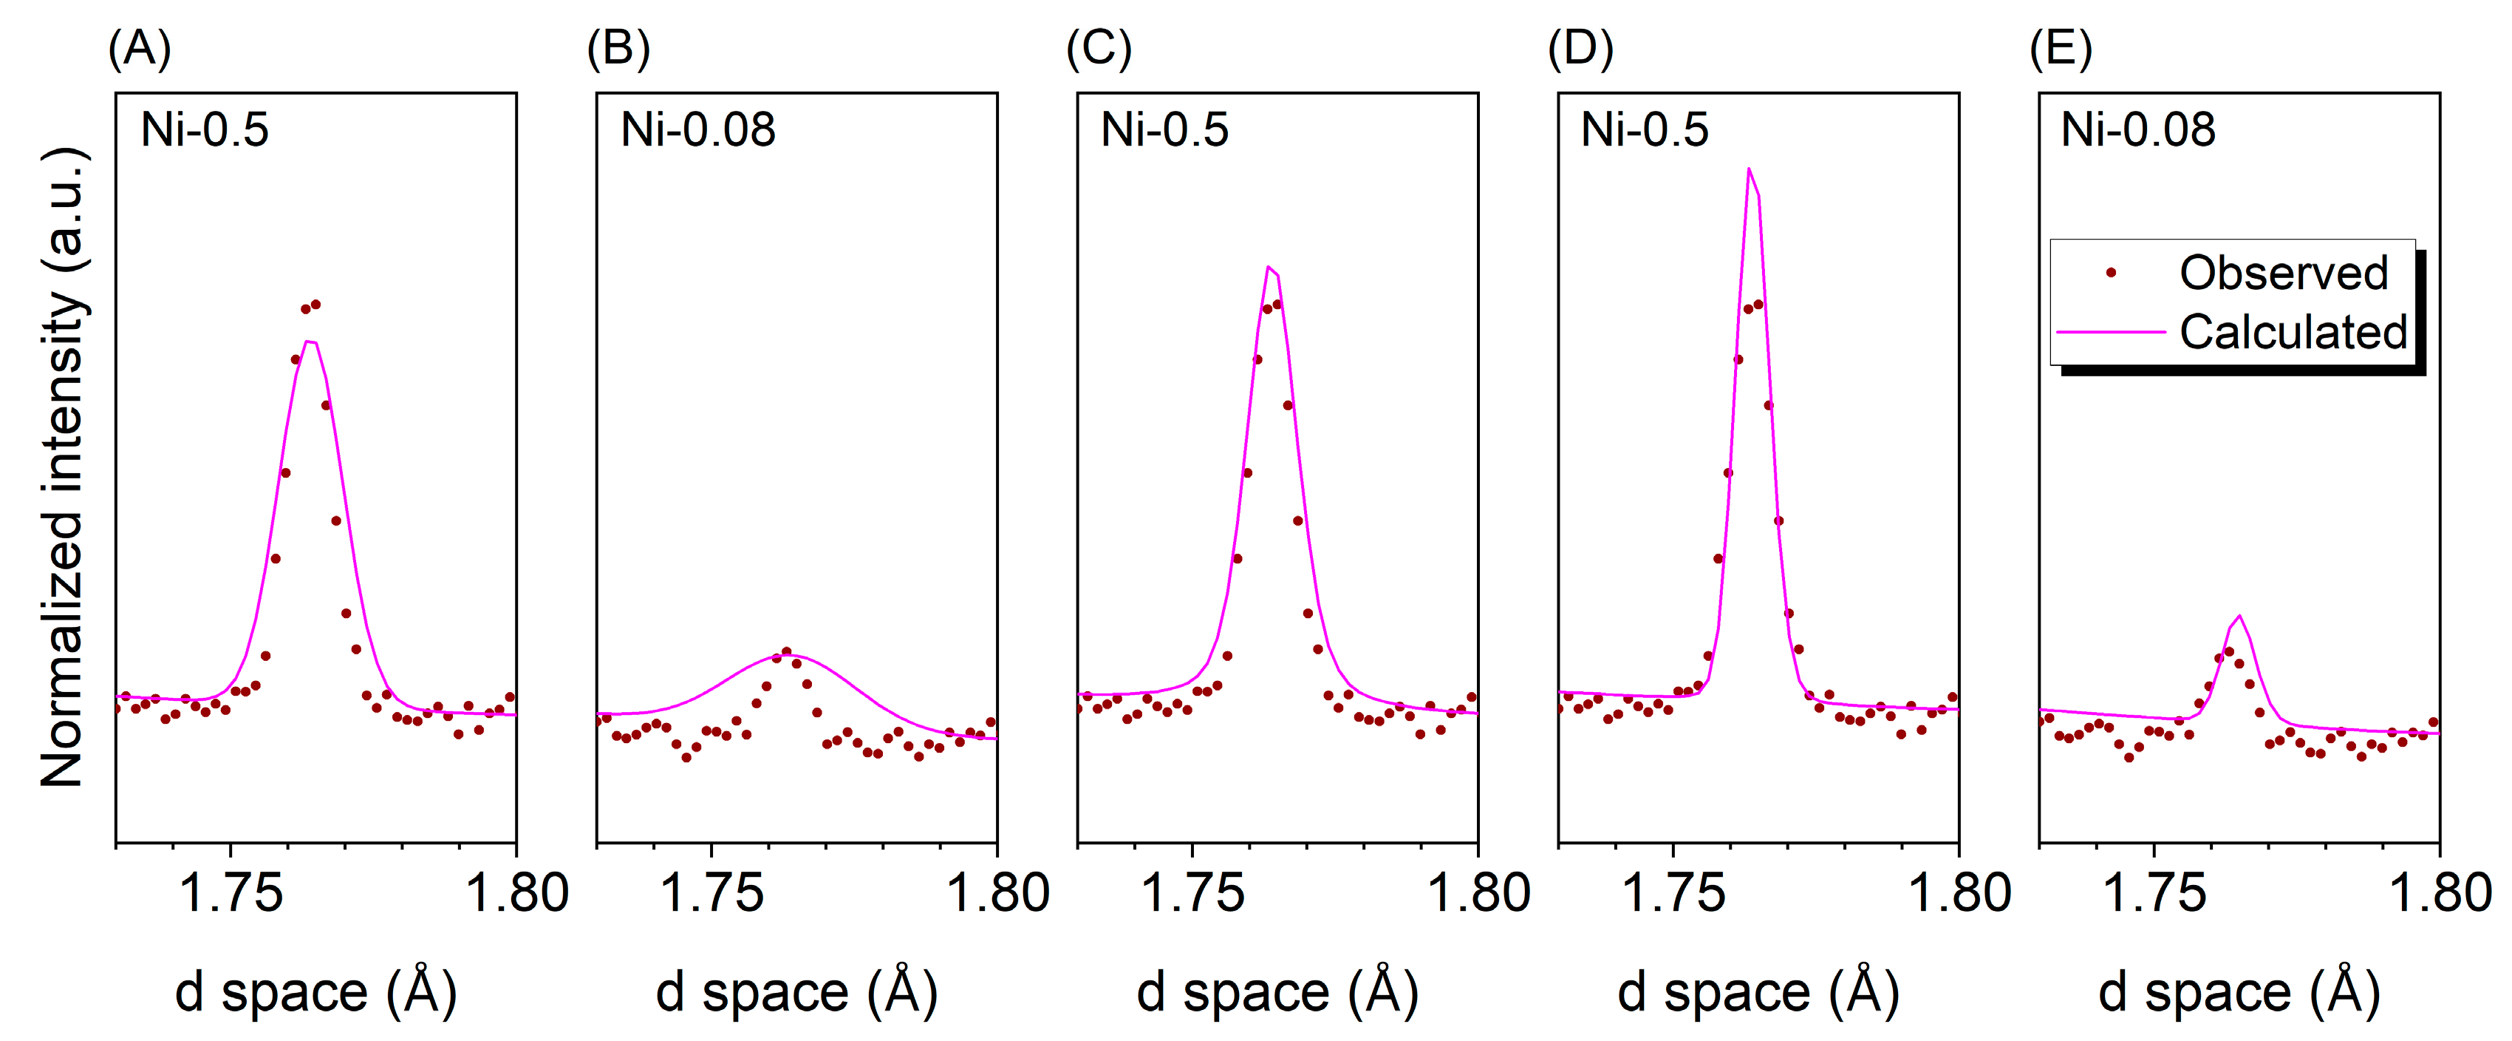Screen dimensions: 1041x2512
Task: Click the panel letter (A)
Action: (140, 49)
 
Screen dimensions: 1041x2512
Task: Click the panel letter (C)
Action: (1099, 49)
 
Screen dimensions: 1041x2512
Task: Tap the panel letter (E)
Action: (2061, 49)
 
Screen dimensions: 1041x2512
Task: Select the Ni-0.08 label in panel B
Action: (697, 130)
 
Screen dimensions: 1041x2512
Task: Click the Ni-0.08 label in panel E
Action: (2137, 130)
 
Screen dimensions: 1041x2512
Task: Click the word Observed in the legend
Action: (2283, 272)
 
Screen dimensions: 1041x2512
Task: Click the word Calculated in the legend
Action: (2293, 332)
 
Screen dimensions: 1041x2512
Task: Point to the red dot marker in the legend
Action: (2112, 273)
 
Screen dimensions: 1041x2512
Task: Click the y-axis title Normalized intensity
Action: (64, 467)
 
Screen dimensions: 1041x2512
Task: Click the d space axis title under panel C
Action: (1277, 992)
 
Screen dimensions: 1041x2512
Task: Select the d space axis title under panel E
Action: (2239, 992)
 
